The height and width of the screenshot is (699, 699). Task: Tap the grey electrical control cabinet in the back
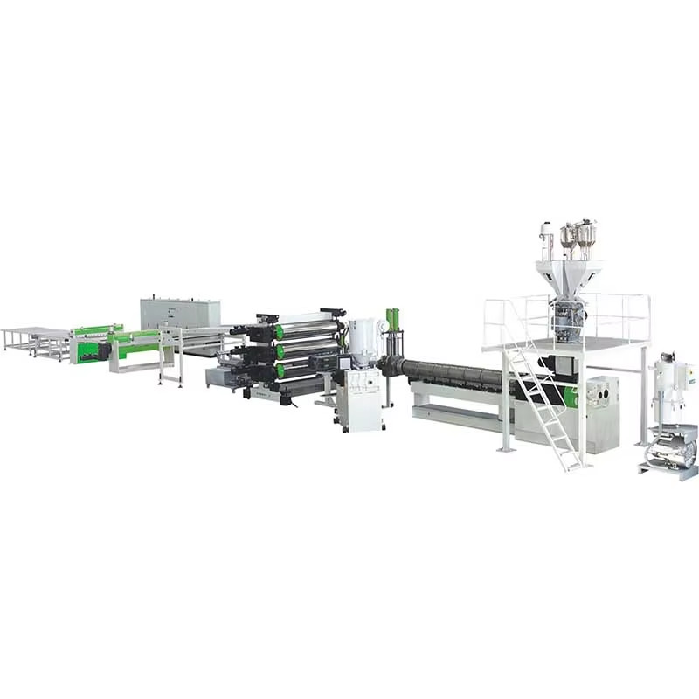[180, 313]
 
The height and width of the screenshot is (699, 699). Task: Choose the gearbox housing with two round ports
[601, 398]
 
